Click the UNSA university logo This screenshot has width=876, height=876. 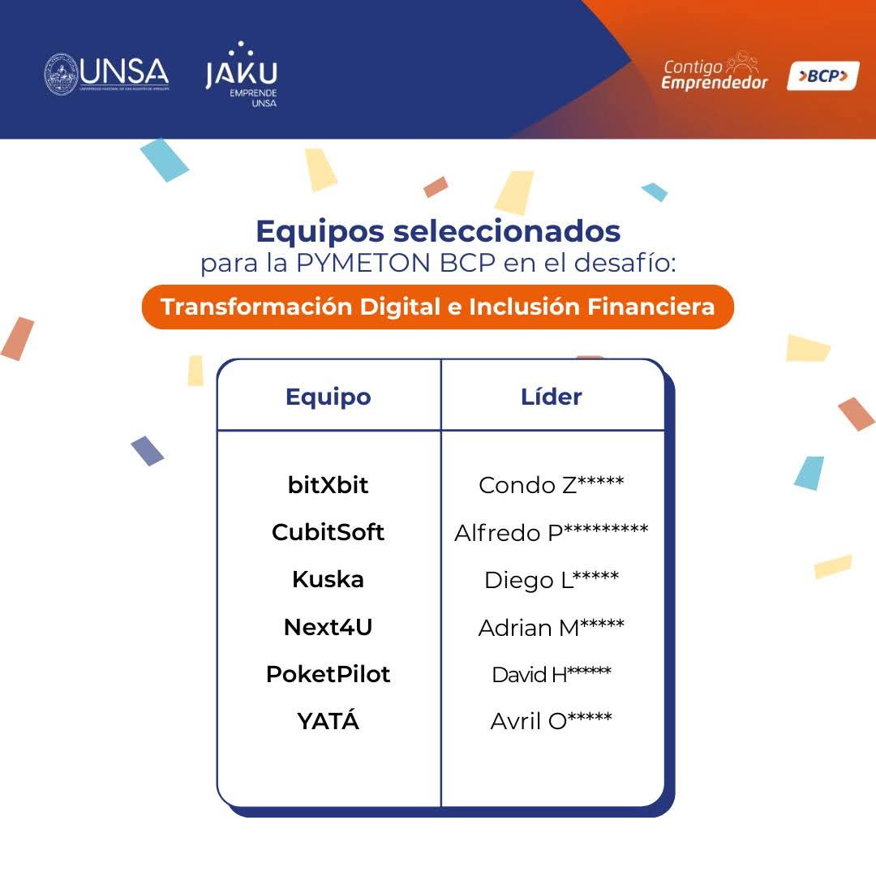click(x=106, y=74)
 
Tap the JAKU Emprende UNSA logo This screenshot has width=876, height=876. click(x=242, y=74)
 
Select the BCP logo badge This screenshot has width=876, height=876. click(x=823, y=75)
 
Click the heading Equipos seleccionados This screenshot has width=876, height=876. click(x=438, y=230)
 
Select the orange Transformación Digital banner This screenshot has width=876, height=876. click(x=437, y=307)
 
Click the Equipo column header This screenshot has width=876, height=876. click(x=328, y=397)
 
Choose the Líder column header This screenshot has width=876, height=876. click(x=552, y=396)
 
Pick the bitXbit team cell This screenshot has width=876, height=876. click(x=328, y=485)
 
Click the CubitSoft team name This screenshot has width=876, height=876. click(x=328, y=532)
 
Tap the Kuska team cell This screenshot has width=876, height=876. click(x=328, y=579)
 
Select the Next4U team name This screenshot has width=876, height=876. click(x=328, y=627)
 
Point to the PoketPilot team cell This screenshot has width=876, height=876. click(x=328, y=674)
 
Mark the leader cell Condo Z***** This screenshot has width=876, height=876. click(x=552, y=484)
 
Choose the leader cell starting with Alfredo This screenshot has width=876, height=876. click(x=552, y=532)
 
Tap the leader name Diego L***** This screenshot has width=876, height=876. click(x=552, y=579)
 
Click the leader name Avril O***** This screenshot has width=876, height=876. click(x=552, y=721)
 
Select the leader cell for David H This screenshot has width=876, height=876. click(x=552, y=674)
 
